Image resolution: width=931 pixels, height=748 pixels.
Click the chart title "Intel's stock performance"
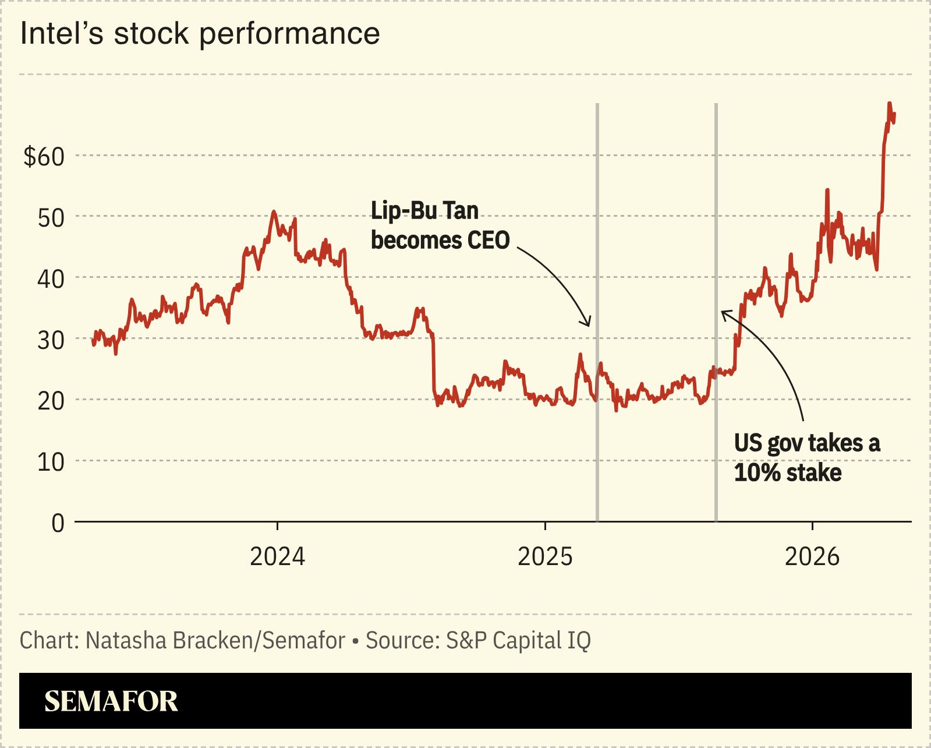[x=200, y=33]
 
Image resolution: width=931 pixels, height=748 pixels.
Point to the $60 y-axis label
[x=44, y=157]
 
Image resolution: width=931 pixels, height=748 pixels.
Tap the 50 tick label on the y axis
[x=51, y=218]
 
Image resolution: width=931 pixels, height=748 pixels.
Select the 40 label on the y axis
[x=51, y=279]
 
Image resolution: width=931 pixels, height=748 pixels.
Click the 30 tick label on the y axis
[x=51, y=340]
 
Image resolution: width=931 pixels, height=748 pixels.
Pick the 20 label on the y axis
[x=51, y=401]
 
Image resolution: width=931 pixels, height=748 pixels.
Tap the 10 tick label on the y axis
[x=51, y=462]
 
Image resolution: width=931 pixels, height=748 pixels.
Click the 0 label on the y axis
[x=58, y=523]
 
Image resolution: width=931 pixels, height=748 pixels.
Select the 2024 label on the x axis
[x=277, y=556]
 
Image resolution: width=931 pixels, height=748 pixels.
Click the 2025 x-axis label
[x=545, y=556]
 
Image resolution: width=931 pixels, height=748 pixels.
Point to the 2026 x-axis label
[x=812, y=556]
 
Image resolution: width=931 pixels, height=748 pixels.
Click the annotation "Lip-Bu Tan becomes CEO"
[x=440, y=225]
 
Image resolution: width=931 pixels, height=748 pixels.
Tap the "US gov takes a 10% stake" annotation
[x=806, y=458]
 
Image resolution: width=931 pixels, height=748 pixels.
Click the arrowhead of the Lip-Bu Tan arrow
[x=588, y=324]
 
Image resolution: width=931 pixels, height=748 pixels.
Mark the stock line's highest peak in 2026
[x=889, y=104]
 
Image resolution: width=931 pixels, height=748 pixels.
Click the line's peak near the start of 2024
[x=274, y=212]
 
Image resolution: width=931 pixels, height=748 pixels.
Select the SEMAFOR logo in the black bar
[x=111, y=701]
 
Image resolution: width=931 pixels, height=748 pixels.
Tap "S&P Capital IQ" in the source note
[x=518, y=640]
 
